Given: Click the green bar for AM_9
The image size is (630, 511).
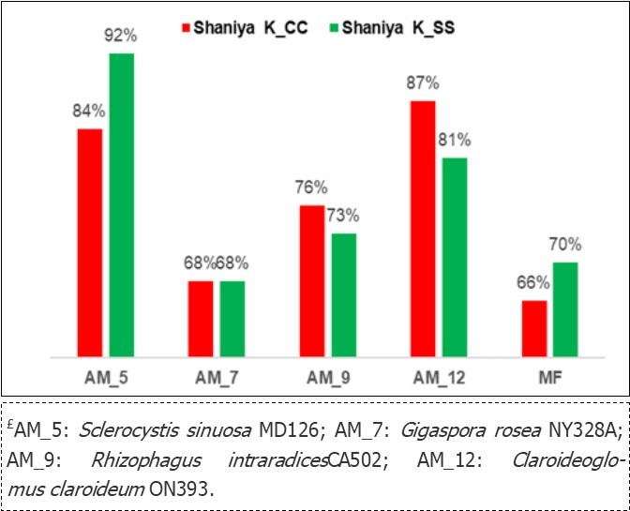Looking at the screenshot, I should coord(344,294).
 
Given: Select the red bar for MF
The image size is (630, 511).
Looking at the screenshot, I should coord(534,328).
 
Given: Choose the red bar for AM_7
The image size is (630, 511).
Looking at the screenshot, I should coord(201,318).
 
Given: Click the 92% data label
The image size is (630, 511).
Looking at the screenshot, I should coord(122,37).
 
